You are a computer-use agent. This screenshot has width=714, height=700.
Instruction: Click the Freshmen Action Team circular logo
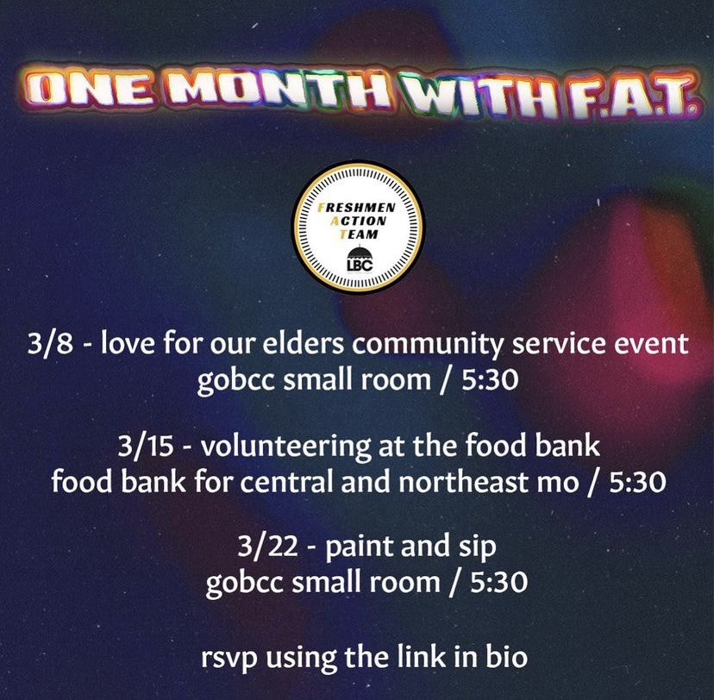point(358,226)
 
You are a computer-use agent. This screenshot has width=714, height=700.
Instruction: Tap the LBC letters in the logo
point(358,265)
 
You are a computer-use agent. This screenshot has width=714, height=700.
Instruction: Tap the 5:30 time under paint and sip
point(487,583)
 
